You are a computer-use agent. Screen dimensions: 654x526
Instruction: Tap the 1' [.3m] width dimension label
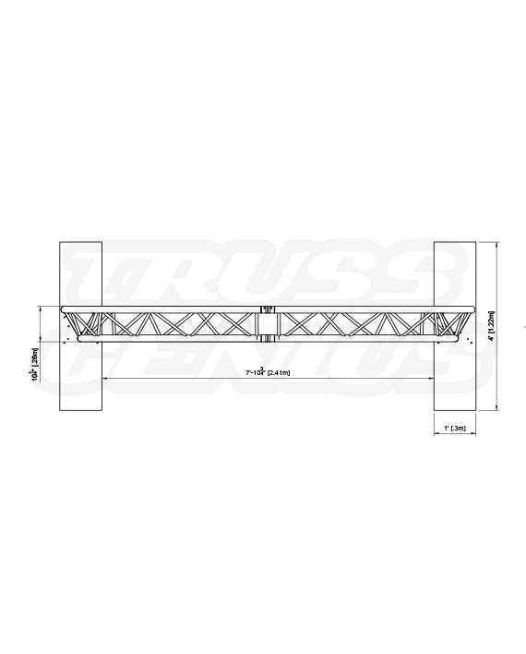tap(452, 428)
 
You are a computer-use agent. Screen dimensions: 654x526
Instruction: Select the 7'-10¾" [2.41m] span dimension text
tap(268, 372)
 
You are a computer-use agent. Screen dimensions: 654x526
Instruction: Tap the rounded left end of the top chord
tap(61, 309)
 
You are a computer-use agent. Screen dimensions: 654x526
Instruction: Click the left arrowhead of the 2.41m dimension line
tap(104, 379)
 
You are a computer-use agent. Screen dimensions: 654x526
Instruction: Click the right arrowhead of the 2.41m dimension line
tap(431, 379)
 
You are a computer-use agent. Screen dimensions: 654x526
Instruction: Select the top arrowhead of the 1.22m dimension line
tap(499, 245)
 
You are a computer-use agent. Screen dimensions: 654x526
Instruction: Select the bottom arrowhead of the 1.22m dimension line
tap(499, 407)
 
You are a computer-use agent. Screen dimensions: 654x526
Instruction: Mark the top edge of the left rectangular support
tap(79, 242)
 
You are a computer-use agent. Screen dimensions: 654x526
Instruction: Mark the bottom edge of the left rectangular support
tap(79, 410)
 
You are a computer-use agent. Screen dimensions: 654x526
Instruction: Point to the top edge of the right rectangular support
tap(452, 242)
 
